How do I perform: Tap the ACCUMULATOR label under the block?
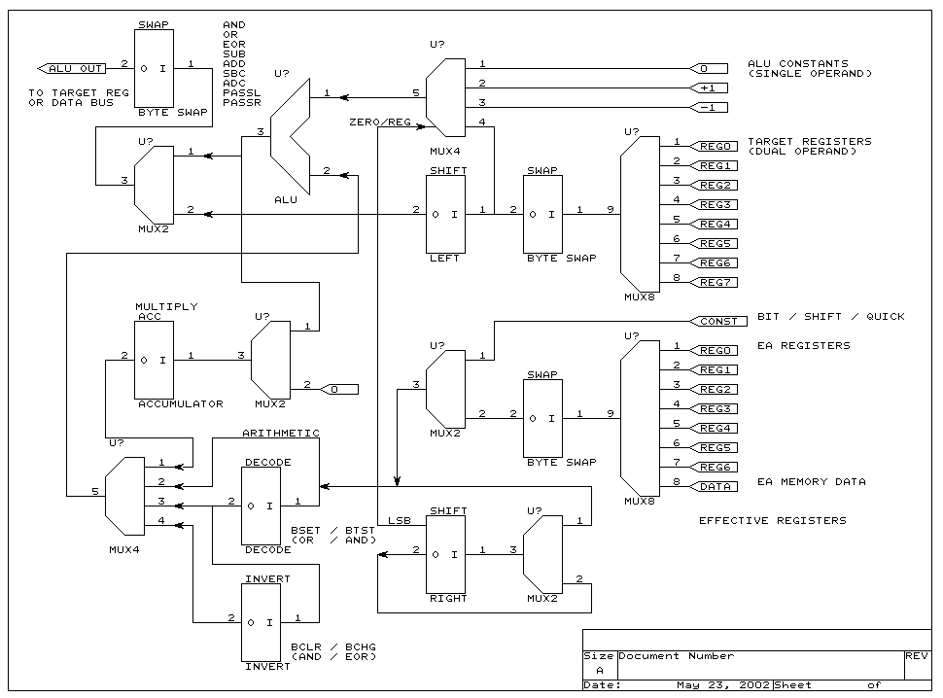(x=180, y=403)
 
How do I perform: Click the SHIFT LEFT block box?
(x=446, y=214)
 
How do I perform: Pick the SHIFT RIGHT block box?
(x=446, y=554)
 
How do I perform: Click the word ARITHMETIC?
(x=280, y=434)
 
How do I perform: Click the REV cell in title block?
(x=916, y=656)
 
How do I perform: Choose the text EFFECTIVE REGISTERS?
(x=772, y=521)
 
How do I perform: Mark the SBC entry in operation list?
(x=234, y=73)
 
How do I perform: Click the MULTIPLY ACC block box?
(x=160, y=360)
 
